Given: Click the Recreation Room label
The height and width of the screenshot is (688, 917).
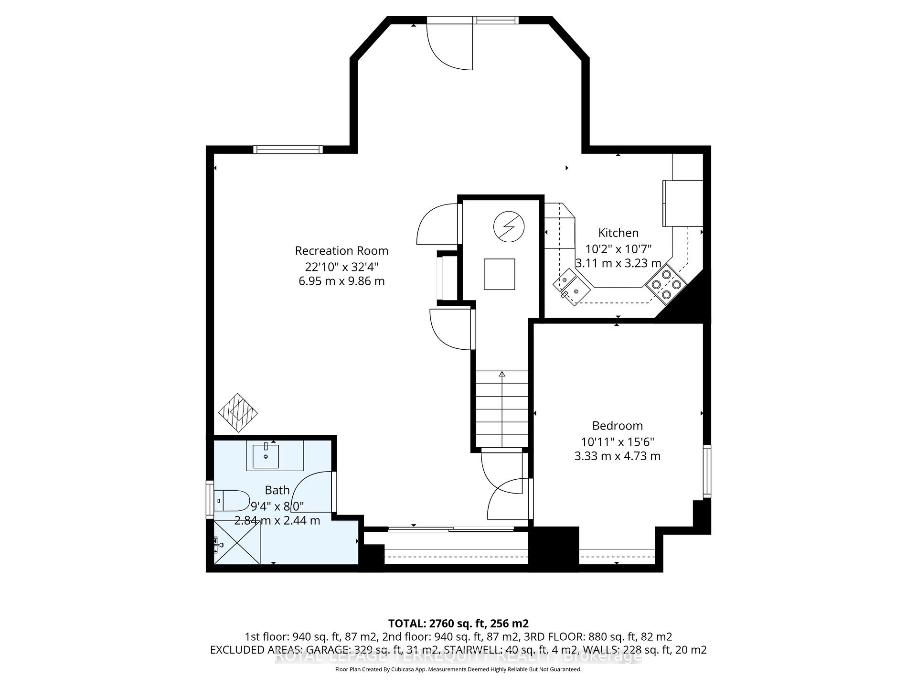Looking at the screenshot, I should (341, 251).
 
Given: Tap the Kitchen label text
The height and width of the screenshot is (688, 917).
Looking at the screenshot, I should (618, 233).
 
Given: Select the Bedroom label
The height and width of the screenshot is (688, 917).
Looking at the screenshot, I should (617, 426).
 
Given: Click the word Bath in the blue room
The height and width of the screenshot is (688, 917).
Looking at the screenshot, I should (277, 490).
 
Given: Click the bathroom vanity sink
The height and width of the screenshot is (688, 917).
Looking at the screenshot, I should (266, 455).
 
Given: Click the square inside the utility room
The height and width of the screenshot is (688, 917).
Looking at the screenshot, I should (499, 274).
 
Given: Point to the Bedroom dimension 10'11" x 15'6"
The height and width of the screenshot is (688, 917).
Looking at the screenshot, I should (617, 442).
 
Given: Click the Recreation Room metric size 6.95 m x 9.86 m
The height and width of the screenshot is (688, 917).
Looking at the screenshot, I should (341, 281).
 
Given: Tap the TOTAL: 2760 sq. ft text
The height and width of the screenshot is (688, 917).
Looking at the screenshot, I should (458, 623).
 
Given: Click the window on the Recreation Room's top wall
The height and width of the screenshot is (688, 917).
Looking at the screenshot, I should (288, 150).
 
